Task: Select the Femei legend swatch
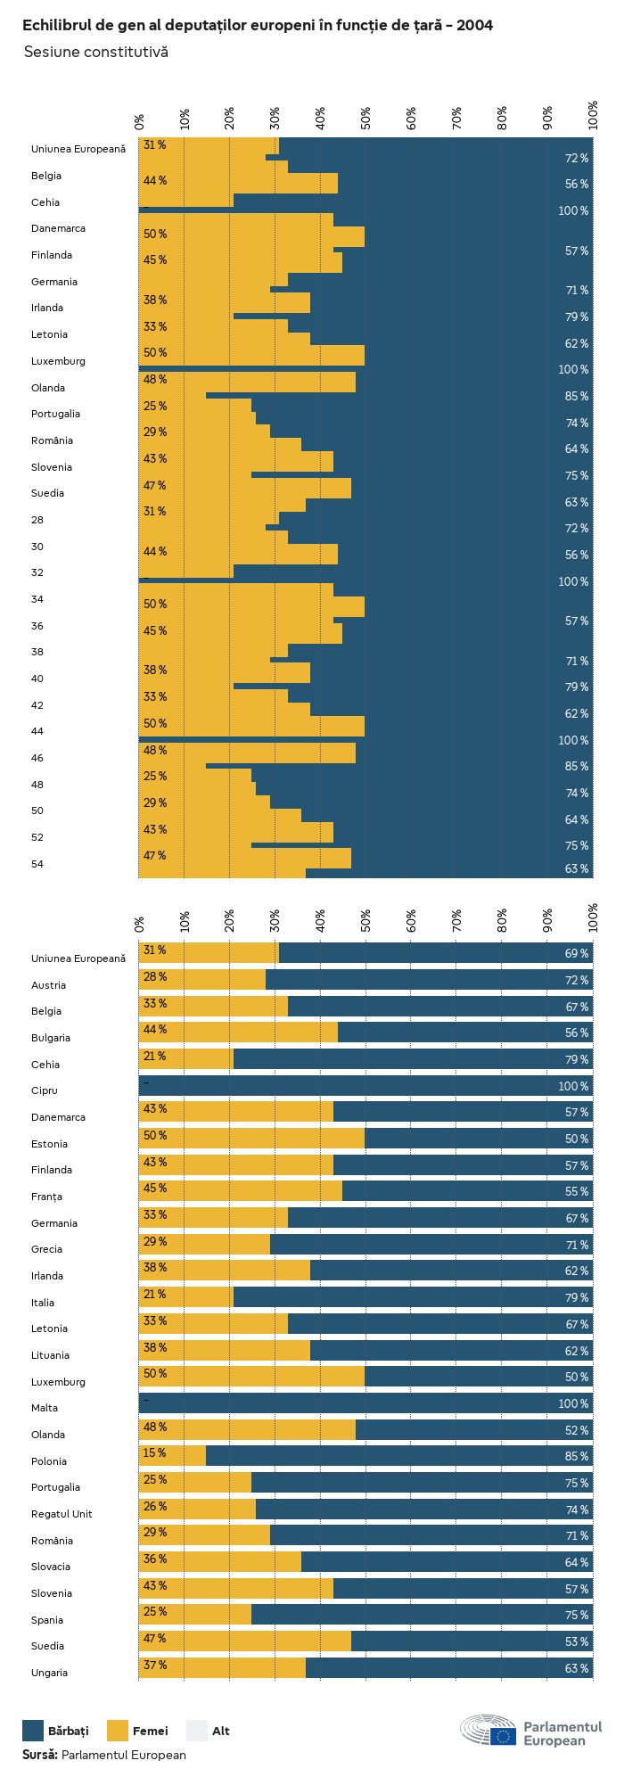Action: pyautogui.click(x=118, y=1731)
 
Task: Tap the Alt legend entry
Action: pyautogui.click(x=197, y=1731)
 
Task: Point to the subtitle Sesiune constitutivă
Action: pyautogui.click(x=95, y=52)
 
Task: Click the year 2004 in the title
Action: pyautogui.click(x=475, y=25)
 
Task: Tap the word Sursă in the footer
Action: pyautogui.click(x=39, y=1755)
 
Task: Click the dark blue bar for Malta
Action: pyautogui.click(x=365, y=1403)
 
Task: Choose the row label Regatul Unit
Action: pyautogui.click(x=62, y=1514)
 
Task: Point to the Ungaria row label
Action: pyautogui.click(x=49, y=1673)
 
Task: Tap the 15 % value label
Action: pyautogui.click(x=154, y=1452)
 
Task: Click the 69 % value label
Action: pyautogui.click(x=576, y=953)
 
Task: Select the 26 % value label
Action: pyautogui.click(x=154, y=1506)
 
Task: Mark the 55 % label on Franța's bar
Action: pyautogui.click(x=576, y=1191)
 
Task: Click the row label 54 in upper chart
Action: pyautogui.click(x=37, y=864)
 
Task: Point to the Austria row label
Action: pyautogui.click(x=48, y=985)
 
